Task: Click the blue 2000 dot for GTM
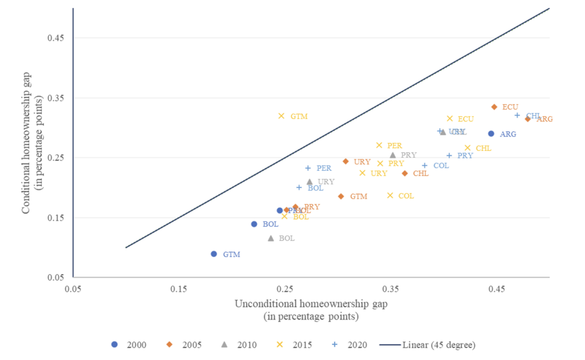tap(214, 254)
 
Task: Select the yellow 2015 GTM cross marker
tap(281, 116)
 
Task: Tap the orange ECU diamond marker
tap(494, 107)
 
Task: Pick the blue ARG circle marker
tap(491, 134)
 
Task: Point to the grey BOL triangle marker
tap(271, 238)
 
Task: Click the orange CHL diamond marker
tap(404, 173)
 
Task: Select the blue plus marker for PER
tap(308, 168)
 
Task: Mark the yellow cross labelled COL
tap(390, 195)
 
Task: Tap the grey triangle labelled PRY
tap(392, 155)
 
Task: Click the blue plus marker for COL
tap(424, 166)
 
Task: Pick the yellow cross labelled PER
tap(379, 145)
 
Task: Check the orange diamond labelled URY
tap(346, 162)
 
